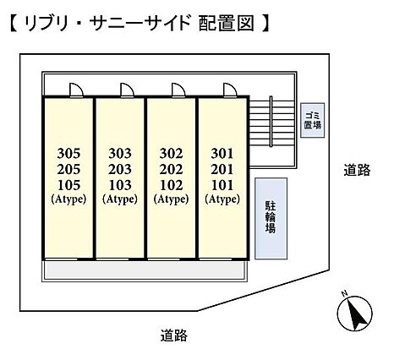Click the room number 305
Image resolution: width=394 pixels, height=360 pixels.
[x=68, y=154]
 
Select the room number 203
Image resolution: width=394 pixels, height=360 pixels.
[x=120, y=169]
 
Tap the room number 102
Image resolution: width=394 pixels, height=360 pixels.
[x=172, y=185]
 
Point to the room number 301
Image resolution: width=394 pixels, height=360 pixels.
[x=222, y=154]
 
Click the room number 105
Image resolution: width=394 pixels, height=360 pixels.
[x=68, y=185]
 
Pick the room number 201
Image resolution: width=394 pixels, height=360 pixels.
[x=222, y=169]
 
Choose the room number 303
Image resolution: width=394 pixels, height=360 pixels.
[x=120, y=154]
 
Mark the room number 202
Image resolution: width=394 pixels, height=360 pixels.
[x=172, y=169]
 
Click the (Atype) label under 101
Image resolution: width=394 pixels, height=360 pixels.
[x=222, y=199]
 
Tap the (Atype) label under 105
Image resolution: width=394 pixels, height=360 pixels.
[x=68, y=199]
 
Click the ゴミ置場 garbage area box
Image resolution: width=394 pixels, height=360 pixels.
[x=313, y=120]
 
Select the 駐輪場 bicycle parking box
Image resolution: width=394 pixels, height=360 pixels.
[x=271, y=218]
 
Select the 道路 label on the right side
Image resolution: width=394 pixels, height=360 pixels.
[x=357, y=170]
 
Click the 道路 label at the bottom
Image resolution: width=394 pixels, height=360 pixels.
[x=174, y=335]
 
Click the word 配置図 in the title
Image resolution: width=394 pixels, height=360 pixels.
[x=227, y=24]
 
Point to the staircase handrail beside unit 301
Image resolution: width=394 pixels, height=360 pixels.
[x=271, y=122]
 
